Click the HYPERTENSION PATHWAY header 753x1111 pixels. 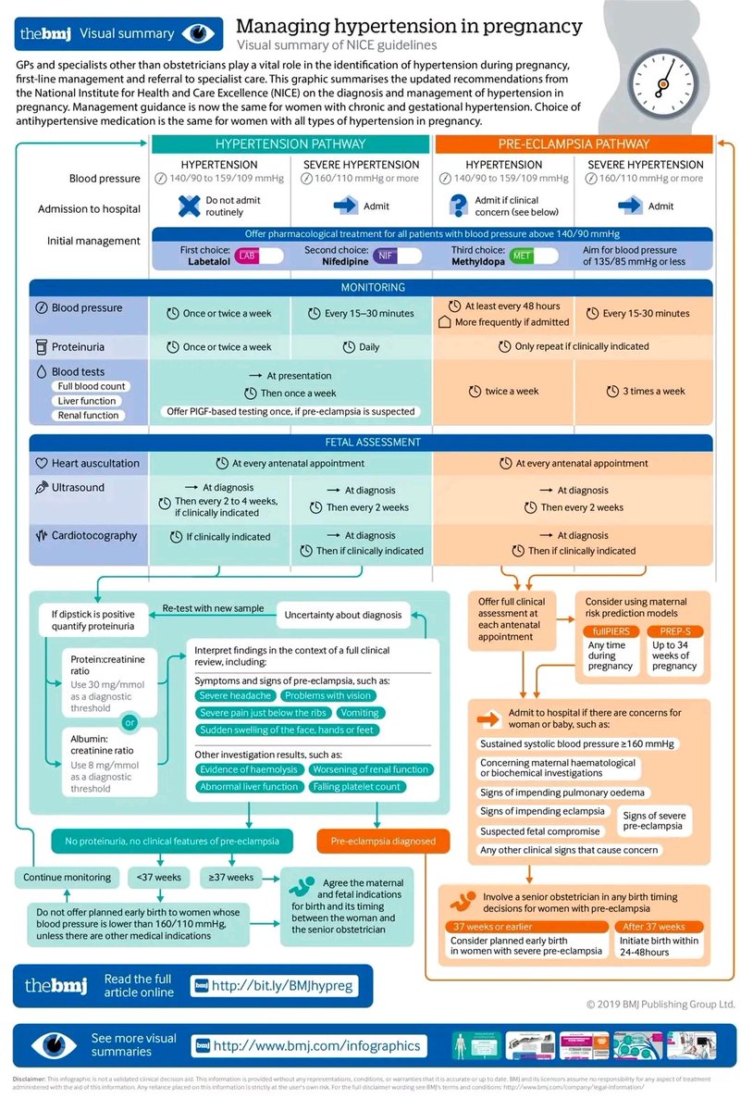290,144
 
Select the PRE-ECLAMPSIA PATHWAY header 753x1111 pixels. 574,144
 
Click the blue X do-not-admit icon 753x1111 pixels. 189,206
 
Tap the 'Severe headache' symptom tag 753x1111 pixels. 236,695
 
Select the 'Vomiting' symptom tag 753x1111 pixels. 359,713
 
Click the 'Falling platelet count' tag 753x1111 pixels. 356,787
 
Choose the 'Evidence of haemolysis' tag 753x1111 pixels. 249,769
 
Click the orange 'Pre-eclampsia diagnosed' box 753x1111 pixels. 383,842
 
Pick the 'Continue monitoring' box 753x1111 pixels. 67,877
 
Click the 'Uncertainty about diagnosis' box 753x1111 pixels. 343,615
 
